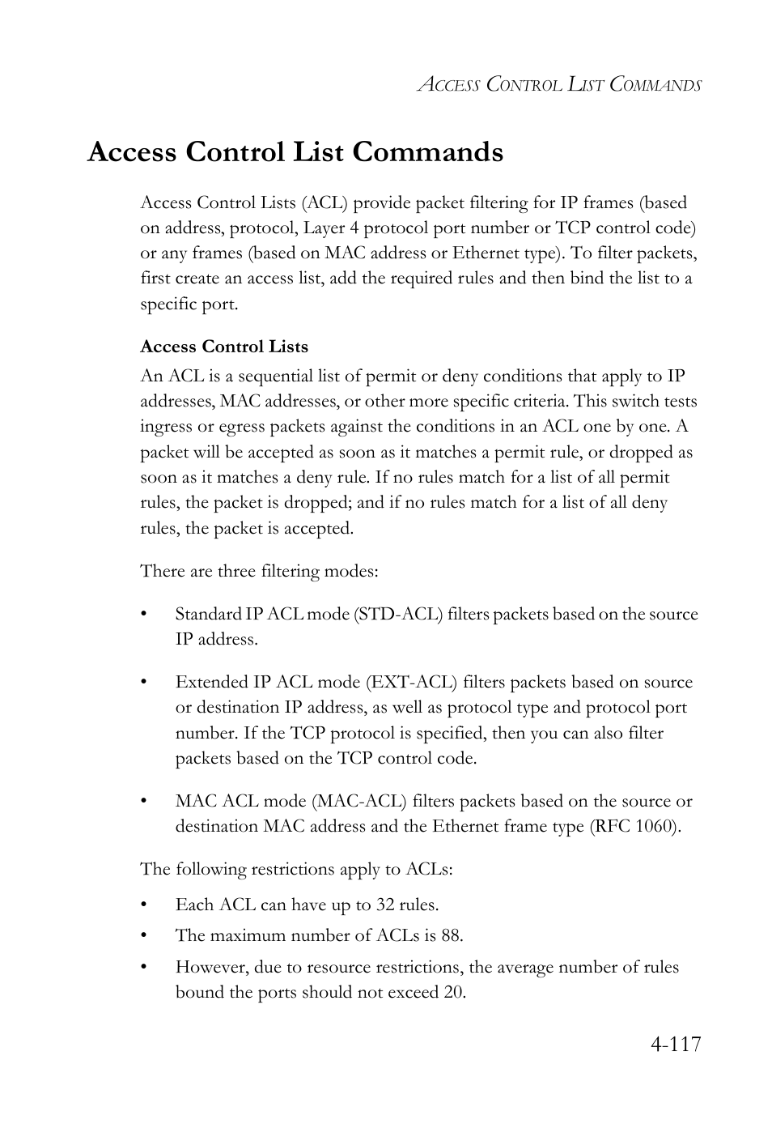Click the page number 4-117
click(674, 1044)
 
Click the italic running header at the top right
click(558, 84)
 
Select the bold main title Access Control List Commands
click(295, 152)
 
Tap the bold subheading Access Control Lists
click(224, 347)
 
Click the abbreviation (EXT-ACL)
click(411, 682)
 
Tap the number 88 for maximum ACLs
click(451, 935)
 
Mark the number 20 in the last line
click(453, 992)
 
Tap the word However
click(211, 967)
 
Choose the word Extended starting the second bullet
click(208, 682)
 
